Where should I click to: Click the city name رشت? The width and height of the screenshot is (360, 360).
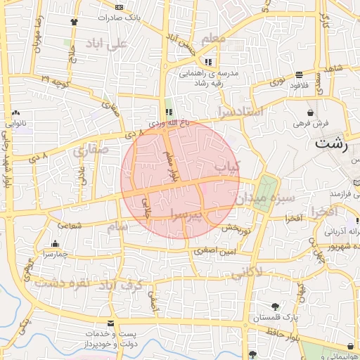click(333, 144)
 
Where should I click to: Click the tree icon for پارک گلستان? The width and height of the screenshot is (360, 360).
click(275, 306)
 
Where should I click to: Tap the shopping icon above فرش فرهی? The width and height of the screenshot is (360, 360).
click(311, 112)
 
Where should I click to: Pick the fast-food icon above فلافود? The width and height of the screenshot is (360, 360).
click(300, 75)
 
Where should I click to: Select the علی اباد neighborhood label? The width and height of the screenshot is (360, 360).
click(105, 44)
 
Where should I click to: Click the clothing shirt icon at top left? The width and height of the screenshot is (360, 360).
click(74, 21)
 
